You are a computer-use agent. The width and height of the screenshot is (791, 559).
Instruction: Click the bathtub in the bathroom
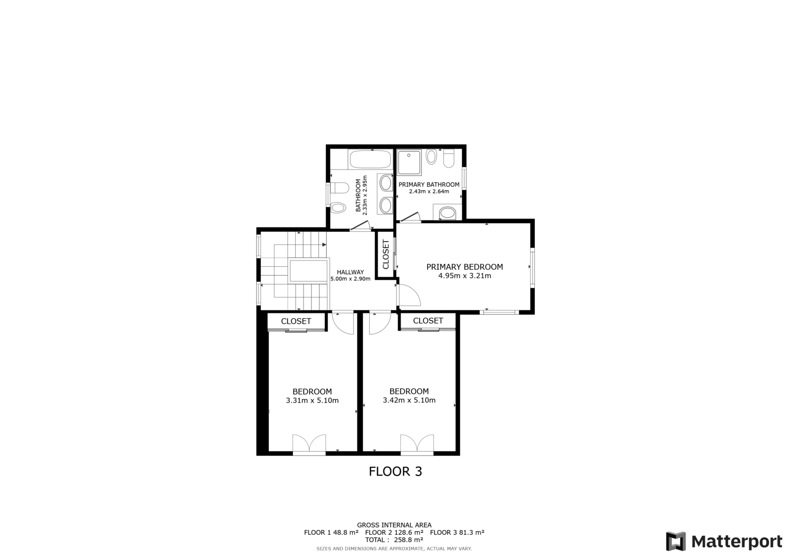[370, 160]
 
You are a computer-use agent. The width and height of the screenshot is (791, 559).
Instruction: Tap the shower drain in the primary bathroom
[409, 155]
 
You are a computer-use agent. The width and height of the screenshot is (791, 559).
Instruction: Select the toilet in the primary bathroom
[449, 159]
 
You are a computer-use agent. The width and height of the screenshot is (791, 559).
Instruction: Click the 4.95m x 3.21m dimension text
[465, 276]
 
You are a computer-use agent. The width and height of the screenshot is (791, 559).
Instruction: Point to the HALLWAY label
[351, 272]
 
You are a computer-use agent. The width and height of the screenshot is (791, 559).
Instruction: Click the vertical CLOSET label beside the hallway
[386, 254]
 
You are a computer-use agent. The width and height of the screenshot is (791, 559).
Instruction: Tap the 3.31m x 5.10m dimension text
[312, 400]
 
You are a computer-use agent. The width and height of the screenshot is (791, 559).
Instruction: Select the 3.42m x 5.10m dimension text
[409, 400]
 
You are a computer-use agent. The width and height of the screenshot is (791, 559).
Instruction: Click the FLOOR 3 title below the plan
[395, 472]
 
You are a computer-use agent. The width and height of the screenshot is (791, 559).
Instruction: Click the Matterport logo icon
[676, 541]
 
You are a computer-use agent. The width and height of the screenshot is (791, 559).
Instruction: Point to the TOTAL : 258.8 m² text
[394, 540]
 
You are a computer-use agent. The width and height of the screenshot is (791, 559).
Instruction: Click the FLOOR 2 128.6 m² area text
[394, 532]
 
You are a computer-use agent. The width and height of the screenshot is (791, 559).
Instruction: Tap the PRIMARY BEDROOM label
[465, 267]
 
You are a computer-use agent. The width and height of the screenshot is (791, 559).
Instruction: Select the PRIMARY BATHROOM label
[429, 185]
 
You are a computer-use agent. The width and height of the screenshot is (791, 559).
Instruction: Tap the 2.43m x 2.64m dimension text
[429, 192]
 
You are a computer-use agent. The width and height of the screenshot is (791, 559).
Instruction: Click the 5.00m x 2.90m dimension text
[351, 279]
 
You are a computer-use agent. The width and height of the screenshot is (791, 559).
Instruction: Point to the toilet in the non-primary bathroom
[338, 188]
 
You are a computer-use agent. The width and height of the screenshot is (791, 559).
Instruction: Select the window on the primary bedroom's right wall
[532, 267]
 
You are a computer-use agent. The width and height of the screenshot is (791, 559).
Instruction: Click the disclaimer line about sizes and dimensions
[394, 549]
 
